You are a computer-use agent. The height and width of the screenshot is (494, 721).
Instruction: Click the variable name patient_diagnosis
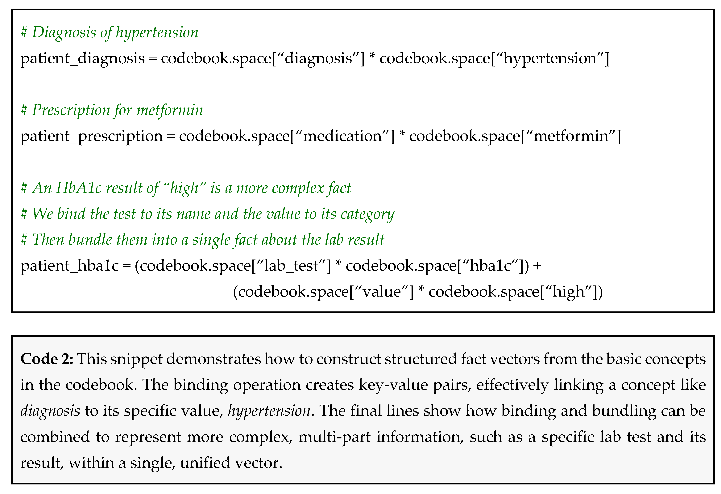click(82, 59)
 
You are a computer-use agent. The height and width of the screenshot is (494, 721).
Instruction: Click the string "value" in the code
click(382, 292)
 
